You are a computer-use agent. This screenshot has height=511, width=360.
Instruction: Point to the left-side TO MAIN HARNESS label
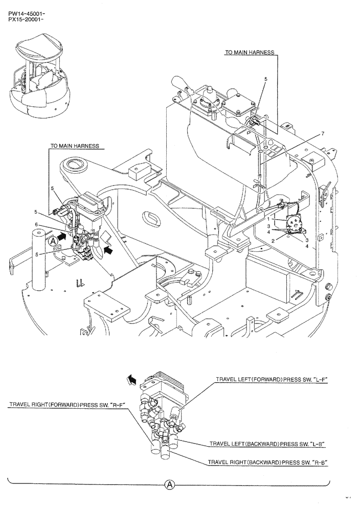74,146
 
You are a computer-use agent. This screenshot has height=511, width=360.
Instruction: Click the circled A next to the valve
53,239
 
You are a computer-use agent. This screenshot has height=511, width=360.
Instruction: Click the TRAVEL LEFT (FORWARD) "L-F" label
271,380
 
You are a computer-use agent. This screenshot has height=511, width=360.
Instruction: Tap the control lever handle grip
180,83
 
